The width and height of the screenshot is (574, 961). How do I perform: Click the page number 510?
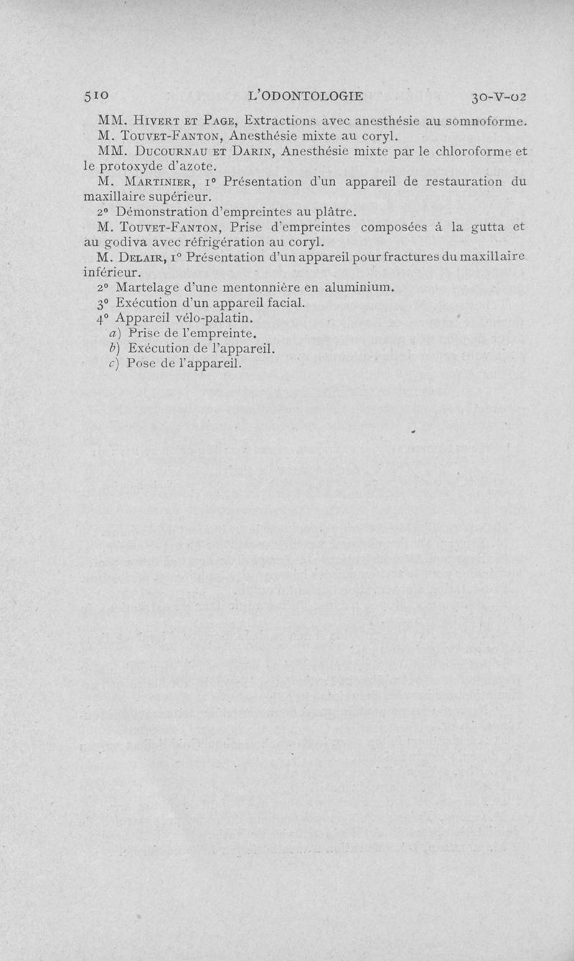pos(96,96)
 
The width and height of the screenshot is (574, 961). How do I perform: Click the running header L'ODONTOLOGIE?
pos(306,96)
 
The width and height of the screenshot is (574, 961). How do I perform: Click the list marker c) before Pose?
pos(114,363)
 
